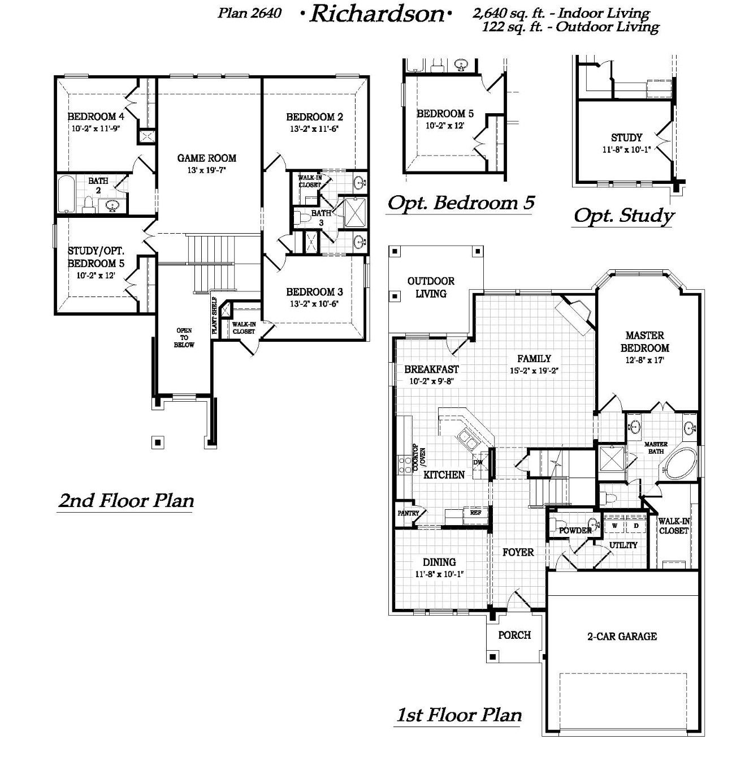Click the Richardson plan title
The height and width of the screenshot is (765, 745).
tap(377, 15)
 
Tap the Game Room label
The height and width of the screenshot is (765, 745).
tap(206, 158)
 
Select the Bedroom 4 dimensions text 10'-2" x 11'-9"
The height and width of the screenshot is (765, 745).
tap(96, 128)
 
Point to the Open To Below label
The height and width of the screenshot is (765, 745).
tap(184, 338)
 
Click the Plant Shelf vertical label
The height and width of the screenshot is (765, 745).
tap(215, 316)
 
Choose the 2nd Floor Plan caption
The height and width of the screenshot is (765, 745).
tap(126, 500)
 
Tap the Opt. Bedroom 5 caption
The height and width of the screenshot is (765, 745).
tap(461, 203)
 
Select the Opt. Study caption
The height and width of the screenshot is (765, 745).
tap(624, 216)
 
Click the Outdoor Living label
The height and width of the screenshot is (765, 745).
tap(431, 287)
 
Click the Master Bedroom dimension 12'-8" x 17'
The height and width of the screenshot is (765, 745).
tap(644, 360)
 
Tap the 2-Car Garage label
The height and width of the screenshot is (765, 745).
tap(622, 636)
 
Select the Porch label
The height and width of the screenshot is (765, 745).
tap(514, 635)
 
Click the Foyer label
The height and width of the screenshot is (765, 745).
tap(518, 552)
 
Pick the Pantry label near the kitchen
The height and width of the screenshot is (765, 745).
tap(409, 513)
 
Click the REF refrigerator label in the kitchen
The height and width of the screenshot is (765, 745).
tap(475, 513)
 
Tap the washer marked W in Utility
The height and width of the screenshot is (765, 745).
tap(614, 526)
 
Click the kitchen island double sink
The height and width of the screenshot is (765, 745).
tap(466, 439)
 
